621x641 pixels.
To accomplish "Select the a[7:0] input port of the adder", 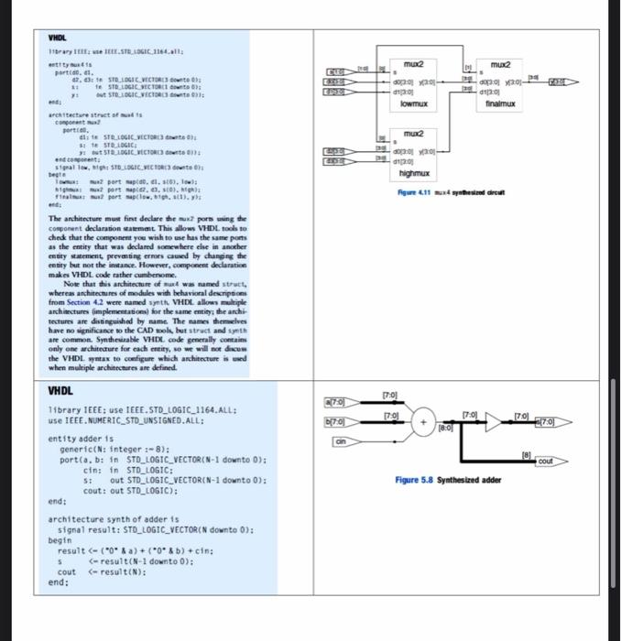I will pos(336,401).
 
